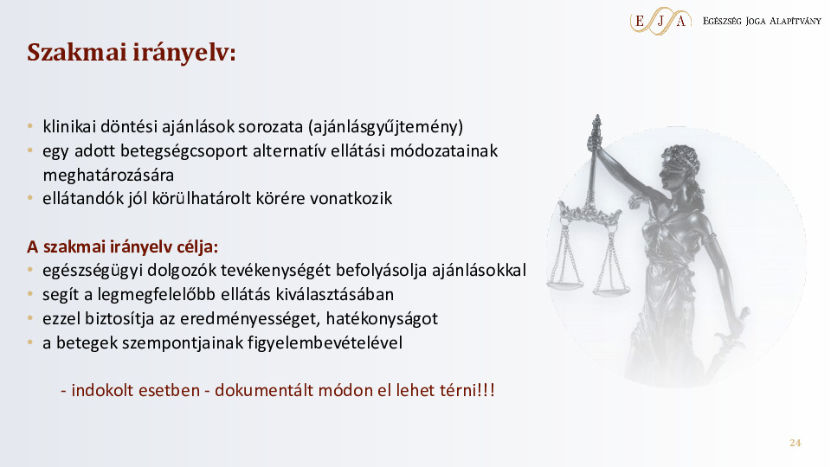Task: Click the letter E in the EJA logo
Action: point(640,21)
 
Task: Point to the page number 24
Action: point(795,443)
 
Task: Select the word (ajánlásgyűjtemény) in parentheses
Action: point(385,127)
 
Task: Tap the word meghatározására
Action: point(108,175)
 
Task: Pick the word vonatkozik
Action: point(351,199)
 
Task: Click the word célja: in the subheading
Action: point(196,246)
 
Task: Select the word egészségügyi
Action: point(93,271)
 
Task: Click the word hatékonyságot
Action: point(382,319)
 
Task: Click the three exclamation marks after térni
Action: point(486,390)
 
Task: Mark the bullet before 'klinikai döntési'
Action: point(30,126)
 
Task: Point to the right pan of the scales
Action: point(611,290)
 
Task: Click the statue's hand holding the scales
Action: point(595,141)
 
